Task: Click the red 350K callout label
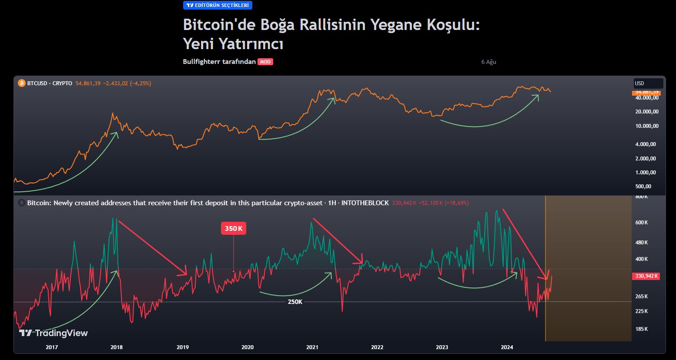point(234,229)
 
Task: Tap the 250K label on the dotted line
point(295,302)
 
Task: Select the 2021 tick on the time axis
point(312,347)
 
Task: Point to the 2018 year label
point(117,347)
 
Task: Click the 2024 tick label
point(507,347)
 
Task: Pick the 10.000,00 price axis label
point(647,126)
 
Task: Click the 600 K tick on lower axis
point(642,223)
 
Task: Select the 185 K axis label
point(642,329)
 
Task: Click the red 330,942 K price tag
point(646,276)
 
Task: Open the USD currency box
point(648,83)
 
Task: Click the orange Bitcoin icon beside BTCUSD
point(22,83)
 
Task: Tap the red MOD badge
point(265,62)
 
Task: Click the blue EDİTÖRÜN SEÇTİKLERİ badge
point(218,5)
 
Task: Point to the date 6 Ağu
point(489,62)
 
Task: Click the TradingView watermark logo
point(54,333)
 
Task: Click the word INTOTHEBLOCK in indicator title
point(365,203)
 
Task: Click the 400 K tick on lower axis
point(642,259)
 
